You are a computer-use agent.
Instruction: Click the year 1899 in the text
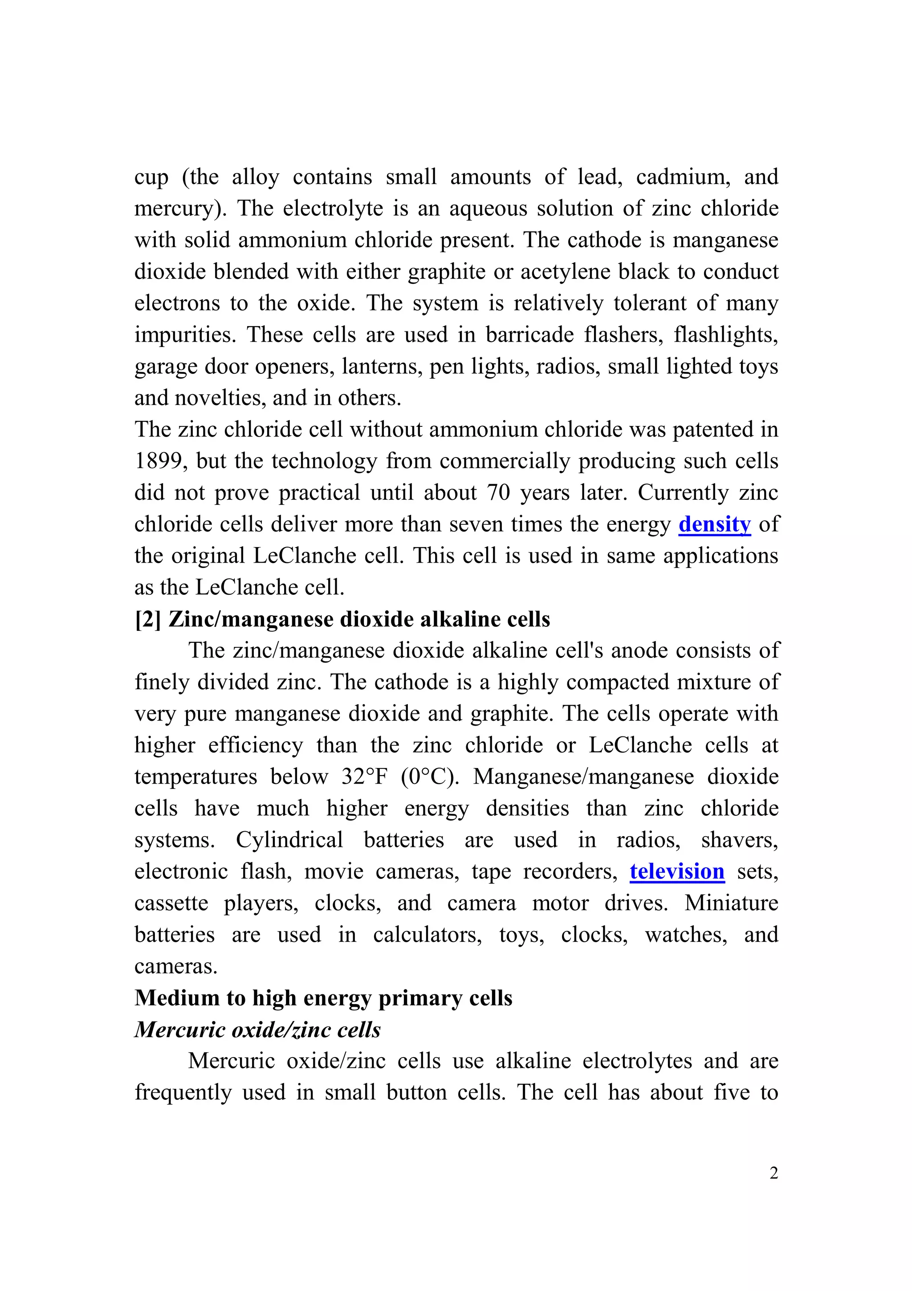[159, 461]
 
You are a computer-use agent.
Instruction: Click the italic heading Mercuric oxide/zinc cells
[257, 1030]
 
